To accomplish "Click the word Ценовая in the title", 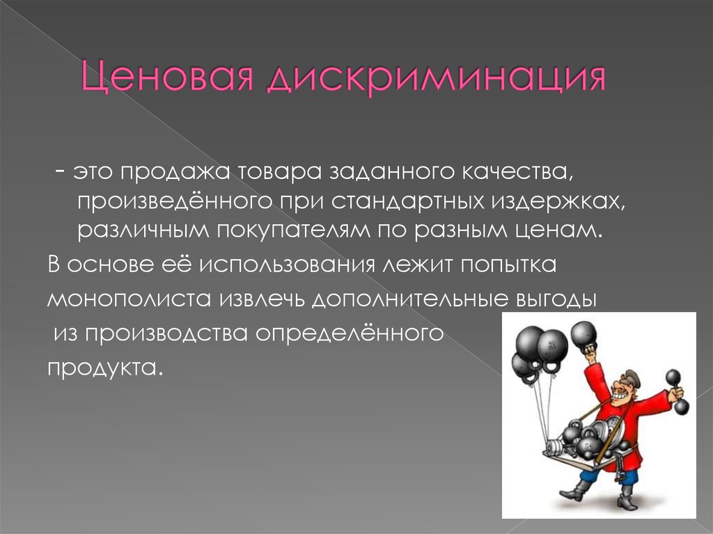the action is pos(167,77).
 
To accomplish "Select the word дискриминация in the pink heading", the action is pos(436,78).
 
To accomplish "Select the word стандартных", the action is pos(407,202).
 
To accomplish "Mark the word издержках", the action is pos(558,203).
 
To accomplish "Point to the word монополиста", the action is pos(129,299).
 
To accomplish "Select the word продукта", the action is pos(105,368).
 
